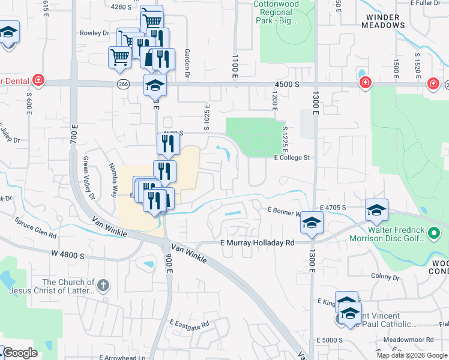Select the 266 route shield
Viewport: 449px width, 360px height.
124,85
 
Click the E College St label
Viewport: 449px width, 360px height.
291,158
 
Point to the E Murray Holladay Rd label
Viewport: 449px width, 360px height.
257,243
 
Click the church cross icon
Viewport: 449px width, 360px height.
103,285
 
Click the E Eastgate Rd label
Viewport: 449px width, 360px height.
189,323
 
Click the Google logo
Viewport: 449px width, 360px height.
19,353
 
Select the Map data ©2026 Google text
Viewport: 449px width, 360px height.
412,355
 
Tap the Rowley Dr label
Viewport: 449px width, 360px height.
94,33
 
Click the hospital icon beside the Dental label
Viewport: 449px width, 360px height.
38,80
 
